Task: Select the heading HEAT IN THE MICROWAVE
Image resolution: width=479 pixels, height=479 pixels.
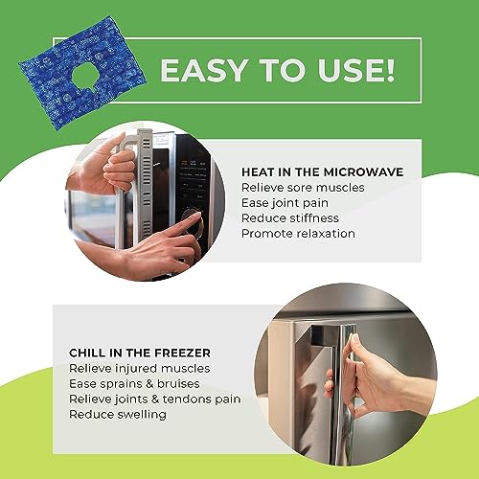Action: (x=322, y=171)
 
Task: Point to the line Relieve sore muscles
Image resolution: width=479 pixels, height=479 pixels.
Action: (x=302, y=187)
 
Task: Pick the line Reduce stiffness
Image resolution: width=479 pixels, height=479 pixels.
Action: (x=289, y=217)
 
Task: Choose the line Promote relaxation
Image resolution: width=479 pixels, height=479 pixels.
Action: (x=298, y=233)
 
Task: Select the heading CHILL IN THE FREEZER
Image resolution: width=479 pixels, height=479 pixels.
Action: (x=139, y=353)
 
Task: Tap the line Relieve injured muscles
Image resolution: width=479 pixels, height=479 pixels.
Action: (x=140, y=368)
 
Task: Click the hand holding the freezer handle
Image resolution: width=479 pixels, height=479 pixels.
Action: (x=374, y=378)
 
